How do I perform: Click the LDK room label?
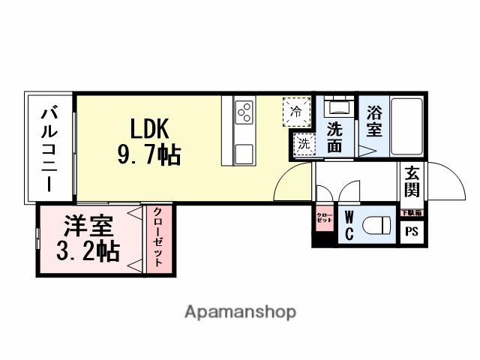(x=151, y=128)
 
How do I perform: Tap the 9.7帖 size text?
(x=147, y=155)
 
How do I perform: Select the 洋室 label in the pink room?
(x=87, y=226)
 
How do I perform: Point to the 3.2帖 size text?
(x=88, y=251)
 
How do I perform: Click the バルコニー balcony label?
(x=49, y=148)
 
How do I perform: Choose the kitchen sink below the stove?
(x=244, y=154)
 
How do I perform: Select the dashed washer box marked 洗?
(x=302, y=142)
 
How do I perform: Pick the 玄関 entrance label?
(x=412, y=181)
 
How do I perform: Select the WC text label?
(x=349, y=225)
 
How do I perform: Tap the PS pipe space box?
(x=412, y=231)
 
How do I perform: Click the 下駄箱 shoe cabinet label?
(x=411, y=212)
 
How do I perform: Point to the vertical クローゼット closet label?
(x=158, y=241)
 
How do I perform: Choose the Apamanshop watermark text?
(x=240, y=311)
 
